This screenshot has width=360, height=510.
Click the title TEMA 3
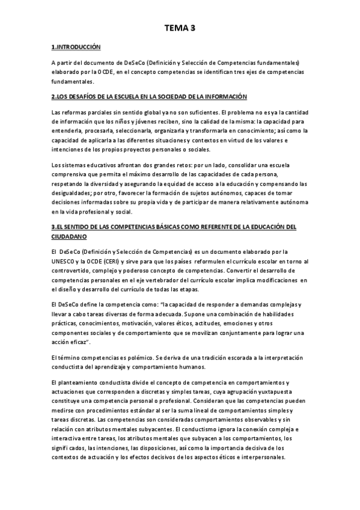[180, 27]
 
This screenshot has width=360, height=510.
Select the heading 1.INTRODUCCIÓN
[76, 47]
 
